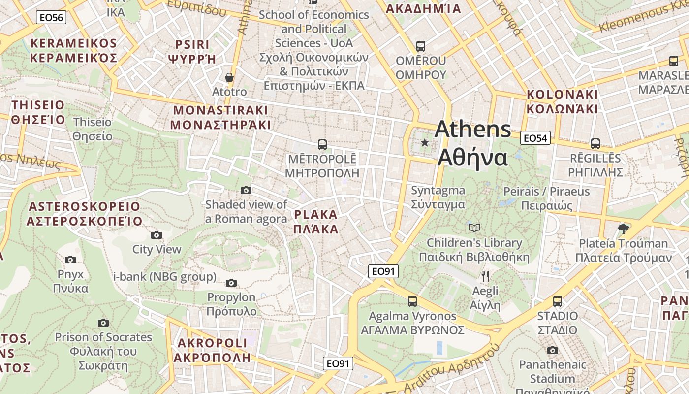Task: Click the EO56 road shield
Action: pyautogui.click(x=51, y=18)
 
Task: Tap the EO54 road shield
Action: pyautogui.click(x=535, y=138)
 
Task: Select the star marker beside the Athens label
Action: pyautogui.click(x=425, y=143)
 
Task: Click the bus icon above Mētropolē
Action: pyautogui.click(x=322, y=144)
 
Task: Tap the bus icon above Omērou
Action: pyautogui.click(x=420, y=46)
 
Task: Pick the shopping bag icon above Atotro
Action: pyautogui.click(x=229, y=77)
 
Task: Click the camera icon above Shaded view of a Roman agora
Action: pyautogui.click(x=246, y=190)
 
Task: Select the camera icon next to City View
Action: pyautogui.click(x=157, y=235)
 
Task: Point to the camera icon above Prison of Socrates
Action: pyautogui.click(x=103, y=323)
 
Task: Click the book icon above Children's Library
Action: pyautogui.click(x=474, y=228)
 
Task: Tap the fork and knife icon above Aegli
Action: pyautogui.click(x=485, y=276)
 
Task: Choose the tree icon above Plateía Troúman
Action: pyautogui.click(x=623, y=228)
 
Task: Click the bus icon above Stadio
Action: pyautogui.click(x=557, y=301)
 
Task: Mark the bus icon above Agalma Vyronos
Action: pyautogui.click(x=412, y=301)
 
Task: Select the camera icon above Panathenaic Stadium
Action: pyautogui.click(x=553, y=350)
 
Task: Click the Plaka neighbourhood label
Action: pyautogui.click(x=315, y=222)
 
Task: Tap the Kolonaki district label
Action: pyautogui.click(x=562, y=101)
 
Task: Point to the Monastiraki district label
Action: pyautogui.click(x=220, y=117)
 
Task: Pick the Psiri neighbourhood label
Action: pyautogui.click(x=192, y=52)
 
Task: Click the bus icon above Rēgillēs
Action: pyautogui.click(x=595, y=144)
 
